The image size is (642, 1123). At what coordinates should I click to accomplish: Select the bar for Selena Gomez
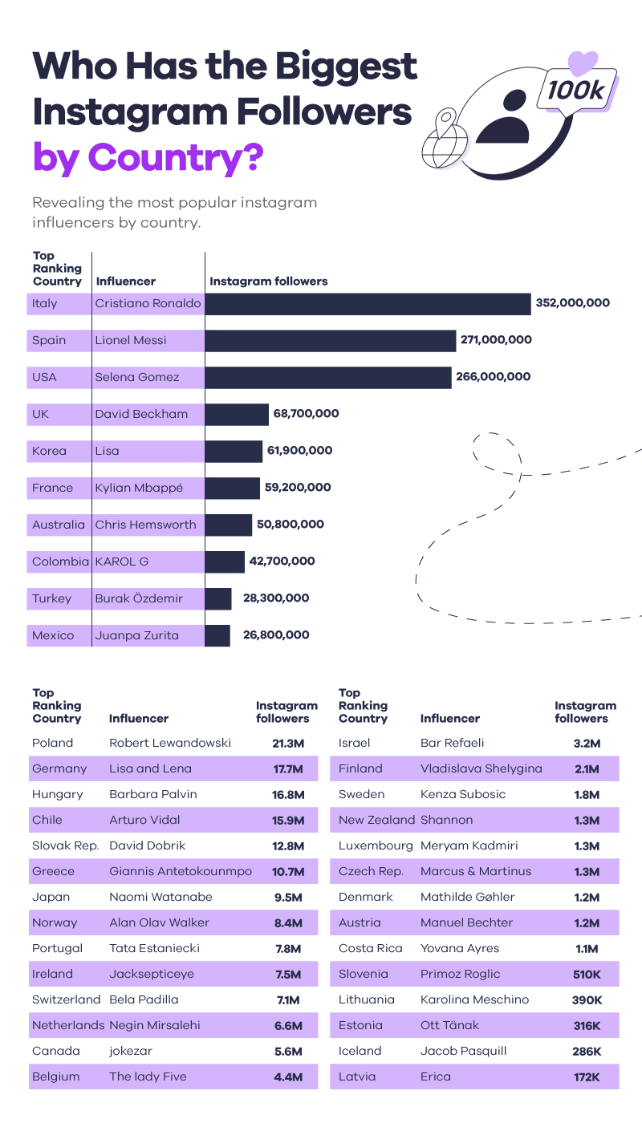[328, 377]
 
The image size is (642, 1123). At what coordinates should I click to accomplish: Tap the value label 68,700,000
[307, 414]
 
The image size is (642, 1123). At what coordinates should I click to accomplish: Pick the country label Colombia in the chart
[60, 561]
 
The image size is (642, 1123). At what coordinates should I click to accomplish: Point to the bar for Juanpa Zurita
[217, 635]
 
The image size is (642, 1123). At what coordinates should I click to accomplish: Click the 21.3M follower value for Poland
[286, 743]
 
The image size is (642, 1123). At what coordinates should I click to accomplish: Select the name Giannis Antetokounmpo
[181, 871]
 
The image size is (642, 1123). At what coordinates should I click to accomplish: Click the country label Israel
[355, 743]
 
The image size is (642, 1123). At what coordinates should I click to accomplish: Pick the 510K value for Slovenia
[587, 974]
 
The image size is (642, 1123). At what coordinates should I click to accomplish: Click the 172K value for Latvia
[587, 1076]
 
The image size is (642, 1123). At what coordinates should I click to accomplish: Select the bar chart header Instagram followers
[268, 282]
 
